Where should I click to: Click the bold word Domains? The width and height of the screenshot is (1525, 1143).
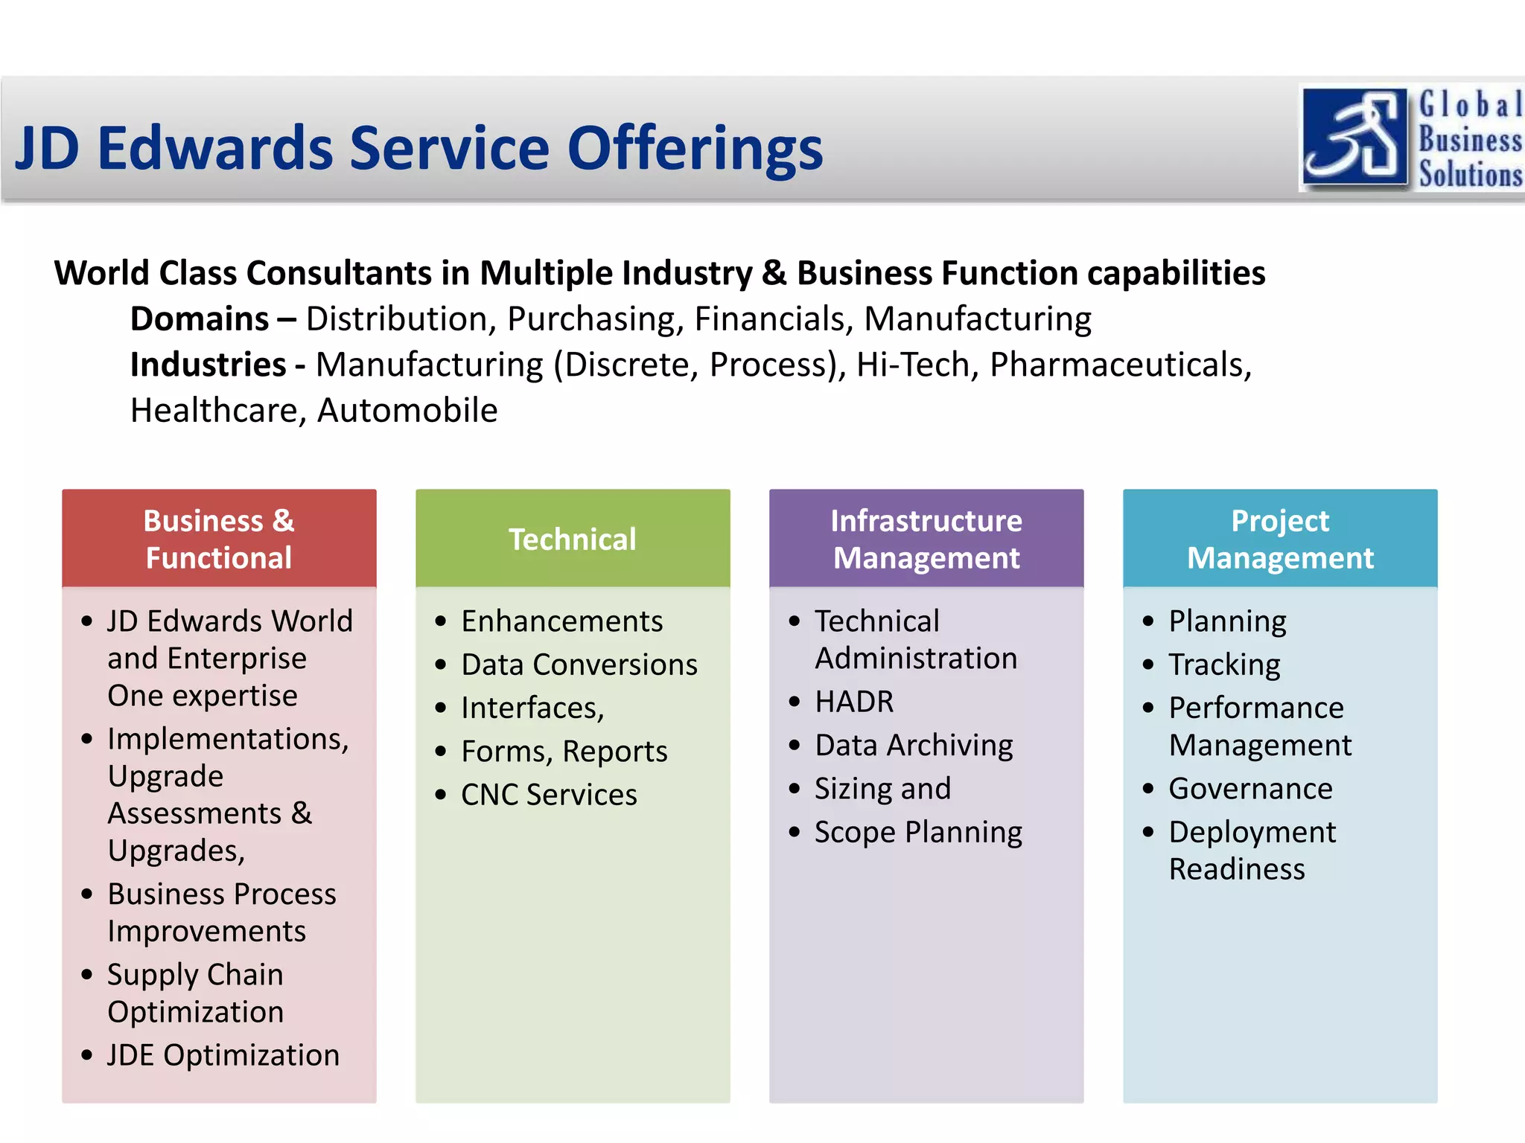click(x=199, y=319)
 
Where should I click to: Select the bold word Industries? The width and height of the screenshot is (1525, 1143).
click(x=208, y=365)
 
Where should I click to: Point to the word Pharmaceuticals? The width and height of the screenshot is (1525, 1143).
click(x=1119, y=365)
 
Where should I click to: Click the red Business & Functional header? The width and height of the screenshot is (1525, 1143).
click(x=219, y=539)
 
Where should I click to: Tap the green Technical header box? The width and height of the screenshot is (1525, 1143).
click(x=572, y=539)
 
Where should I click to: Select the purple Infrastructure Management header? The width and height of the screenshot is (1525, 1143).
click(x=926, y=539)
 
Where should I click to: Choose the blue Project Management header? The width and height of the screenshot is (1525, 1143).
click(x=1279, y=539)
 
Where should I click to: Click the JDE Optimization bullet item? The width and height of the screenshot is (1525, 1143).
click(x=223, y=1055)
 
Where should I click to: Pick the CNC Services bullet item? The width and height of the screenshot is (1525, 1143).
click(x=549, y=795)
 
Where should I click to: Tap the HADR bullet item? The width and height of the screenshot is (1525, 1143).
click(x=854, y=702)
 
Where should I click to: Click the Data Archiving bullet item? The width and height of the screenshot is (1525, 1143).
click(x=914, y=745)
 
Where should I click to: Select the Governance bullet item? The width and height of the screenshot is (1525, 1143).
click(x=1250, y=789)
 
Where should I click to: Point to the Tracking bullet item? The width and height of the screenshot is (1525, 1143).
click(x=1224, y=665)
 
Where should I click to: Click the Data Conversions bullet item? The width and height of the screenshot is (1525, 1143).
click(x=579, y=665)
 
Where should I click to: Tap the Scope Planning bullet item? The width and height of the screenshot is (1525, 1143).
click(x=918, y=832)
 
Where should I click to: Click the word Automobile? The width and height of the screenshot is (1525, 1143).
click(x=407, y=411)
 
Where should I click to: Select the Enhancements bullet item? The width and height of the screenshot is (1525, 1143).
click(x=561, y=621)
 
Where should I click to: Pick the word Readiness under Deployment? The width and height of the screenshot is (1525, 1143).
click(x=1237, y=869)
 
